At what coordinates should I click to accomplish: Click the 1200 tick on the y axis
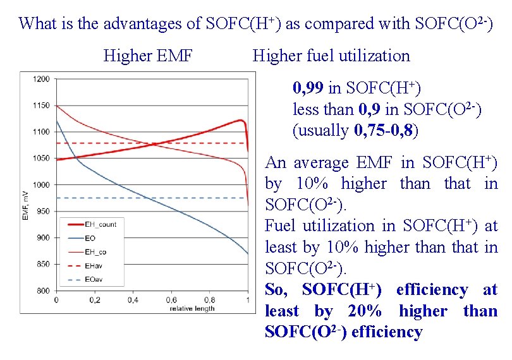tap(42, 79)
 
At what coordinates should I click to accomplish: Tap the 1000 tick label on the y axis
tap(42, 185)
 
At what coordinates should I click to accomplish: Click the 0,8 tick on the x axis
tap(210, 299)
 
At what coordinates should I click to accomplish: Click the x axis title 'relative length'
tap(192, 308)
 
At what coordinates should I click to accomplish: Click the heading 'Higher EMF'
tap(148, 56)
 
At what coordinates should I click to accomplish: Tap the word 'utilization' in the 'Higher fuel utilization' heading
tap(375, 56)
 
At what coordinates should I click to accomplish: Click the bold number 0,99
tap(308, 87)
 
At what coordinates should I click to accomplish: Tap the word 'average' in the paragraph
tap(323, 163)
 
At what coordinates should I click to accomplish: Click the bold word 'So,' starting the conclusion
tap(279, 291)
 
